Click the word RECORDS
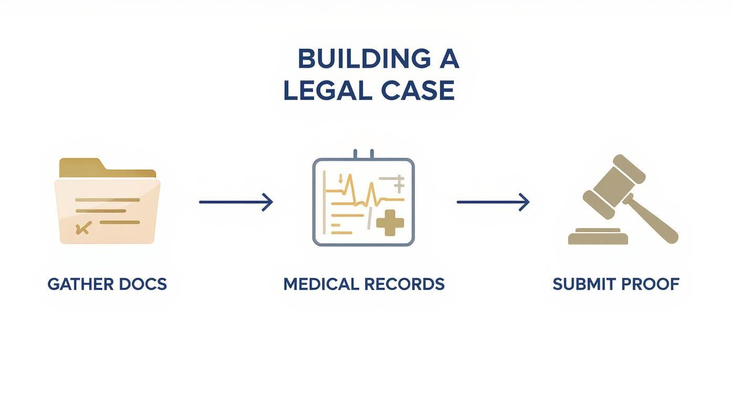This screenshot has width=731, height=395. coord(404,284)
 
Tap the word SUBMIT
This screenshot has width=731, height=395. coord(583,284)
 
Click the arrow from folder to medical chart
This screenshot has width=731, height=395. coord(236,202)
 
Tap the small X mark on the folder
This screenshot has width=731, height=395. coord(83,228)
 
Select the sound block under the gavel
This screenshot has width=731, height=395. coord(598,237)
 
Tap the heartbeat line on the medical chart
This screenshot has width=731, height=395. coord(362,196)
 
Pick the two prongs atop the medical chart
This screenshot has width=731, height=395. coord(363,153)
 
